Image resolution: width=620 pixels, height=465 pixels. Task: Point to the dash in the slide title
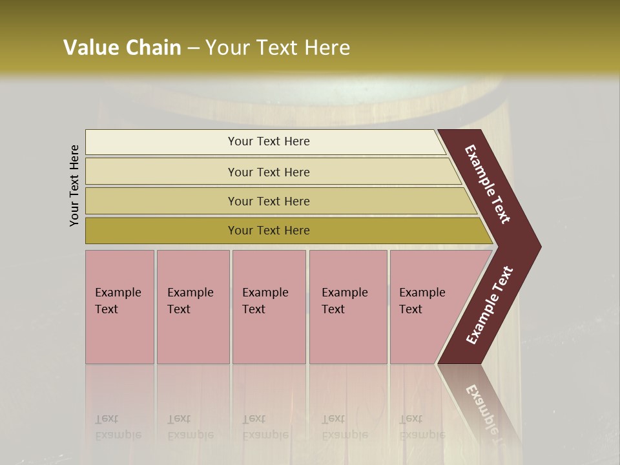click(x=193, y=48)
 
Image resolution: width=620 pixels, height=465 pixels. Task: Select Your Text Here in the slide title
click(x=278, y=47)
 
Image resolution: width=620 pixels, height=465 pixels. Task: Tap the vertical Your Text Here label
click(x=74, y=186)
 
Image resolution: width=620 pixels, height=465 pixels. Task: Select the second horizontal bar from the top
click(x=268, y=172)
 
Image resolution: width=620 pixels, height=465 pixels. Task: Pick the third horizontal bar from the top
click(x=268, y=201)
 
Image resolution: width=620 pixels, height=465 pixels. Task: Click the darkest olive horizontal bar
click(x=268, y=231)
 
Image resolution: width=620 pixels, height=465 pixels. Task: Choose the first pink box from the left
click(x=119, y=306)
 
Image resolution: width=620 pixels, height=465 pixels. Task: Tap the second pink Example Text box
click(x=192, y=306)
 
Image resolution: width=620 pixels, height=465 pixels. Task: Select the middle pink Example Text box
click(x=269, y=306)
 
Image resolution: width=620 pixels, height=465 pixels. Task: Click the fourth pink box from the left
click(x=348, y=306)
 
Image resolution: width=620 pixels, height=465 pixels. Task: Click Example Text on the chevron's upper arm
click(x=488, y=184)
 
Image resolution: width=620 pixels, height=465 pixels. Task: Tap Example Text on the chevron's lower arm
click(x=489, y=305)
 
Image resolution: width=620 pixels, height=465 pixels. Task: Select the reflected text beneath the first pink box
click(x=118, y=427)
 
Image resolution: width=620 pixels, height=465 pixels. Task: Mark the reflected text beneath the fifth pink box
click(x=422, y=427)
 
